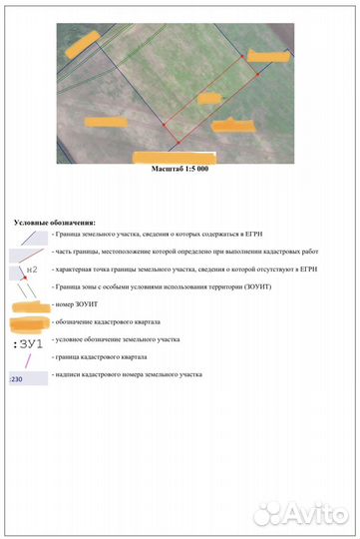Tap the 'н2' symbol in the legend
[x=33, y=269]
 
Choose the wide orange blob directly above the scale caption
[x=175, y=157]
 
